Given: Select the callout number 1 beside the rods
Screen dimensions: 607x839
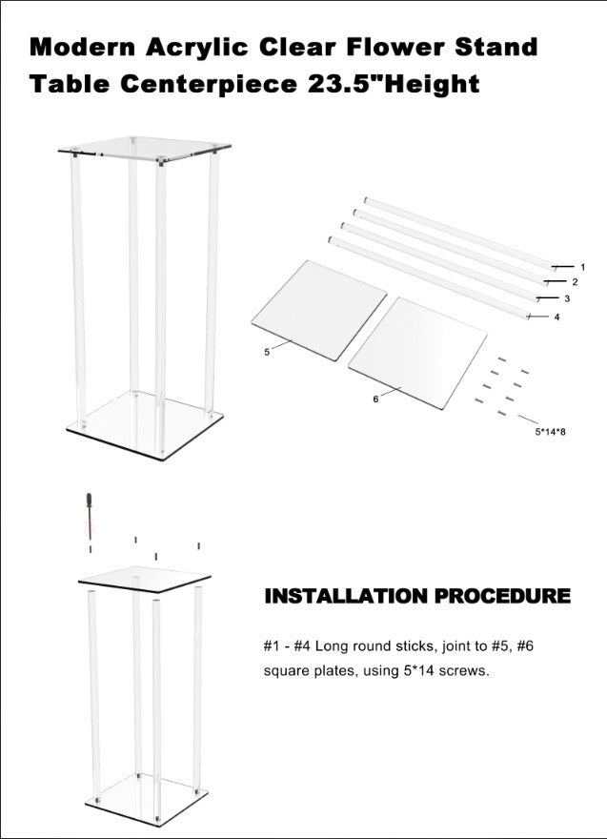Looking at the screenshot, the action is coord(582,266).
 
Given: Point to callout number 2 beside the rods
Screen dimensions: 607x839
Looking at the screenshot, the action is coord(575,282).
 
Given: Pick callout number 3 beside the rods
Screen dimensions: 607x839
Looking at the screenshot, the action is coord(567,298).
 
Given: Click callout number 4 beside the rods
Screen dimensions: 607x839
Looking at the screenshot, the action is coord(556,317).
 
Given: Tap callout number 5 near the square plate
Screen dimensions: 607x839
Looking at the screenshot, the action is coord(267,352).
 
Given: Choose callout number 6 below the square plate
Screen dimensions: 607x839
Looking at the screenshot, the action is coord(375,399).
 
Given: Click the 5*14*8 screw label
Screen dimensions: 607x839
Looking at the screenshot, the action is coord(551,431).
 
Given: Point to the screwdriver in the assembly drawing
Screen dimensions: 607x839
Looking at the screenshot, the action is coord(90,515).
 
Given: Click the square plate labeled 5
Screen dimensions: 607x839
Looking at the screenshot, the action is coord(318,311).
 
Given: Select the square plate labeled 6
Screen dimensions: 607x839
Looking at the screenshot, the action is coord(417,353).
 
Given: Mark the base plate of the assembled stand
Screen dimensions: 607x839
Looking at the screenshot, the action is coord(145,425).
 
